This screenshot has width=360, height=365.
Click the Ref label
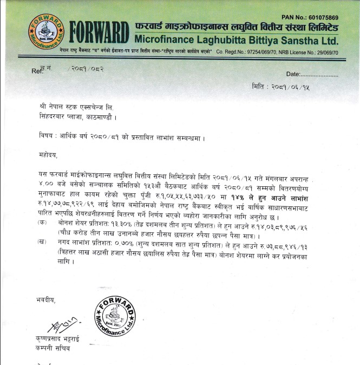tap(37, 70)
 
